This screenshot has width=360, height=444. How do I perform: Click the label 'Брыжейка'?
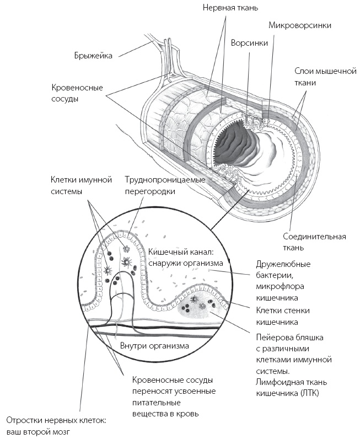point(93,55)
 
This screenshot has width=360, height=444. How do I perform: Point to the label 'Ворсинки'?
point(247,42)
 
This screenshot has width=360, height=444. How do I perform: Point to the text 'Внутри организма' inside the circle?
point(154,345)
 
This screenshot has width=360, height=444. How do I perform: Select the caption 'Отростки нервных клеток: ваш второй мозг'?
point(56,426)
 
